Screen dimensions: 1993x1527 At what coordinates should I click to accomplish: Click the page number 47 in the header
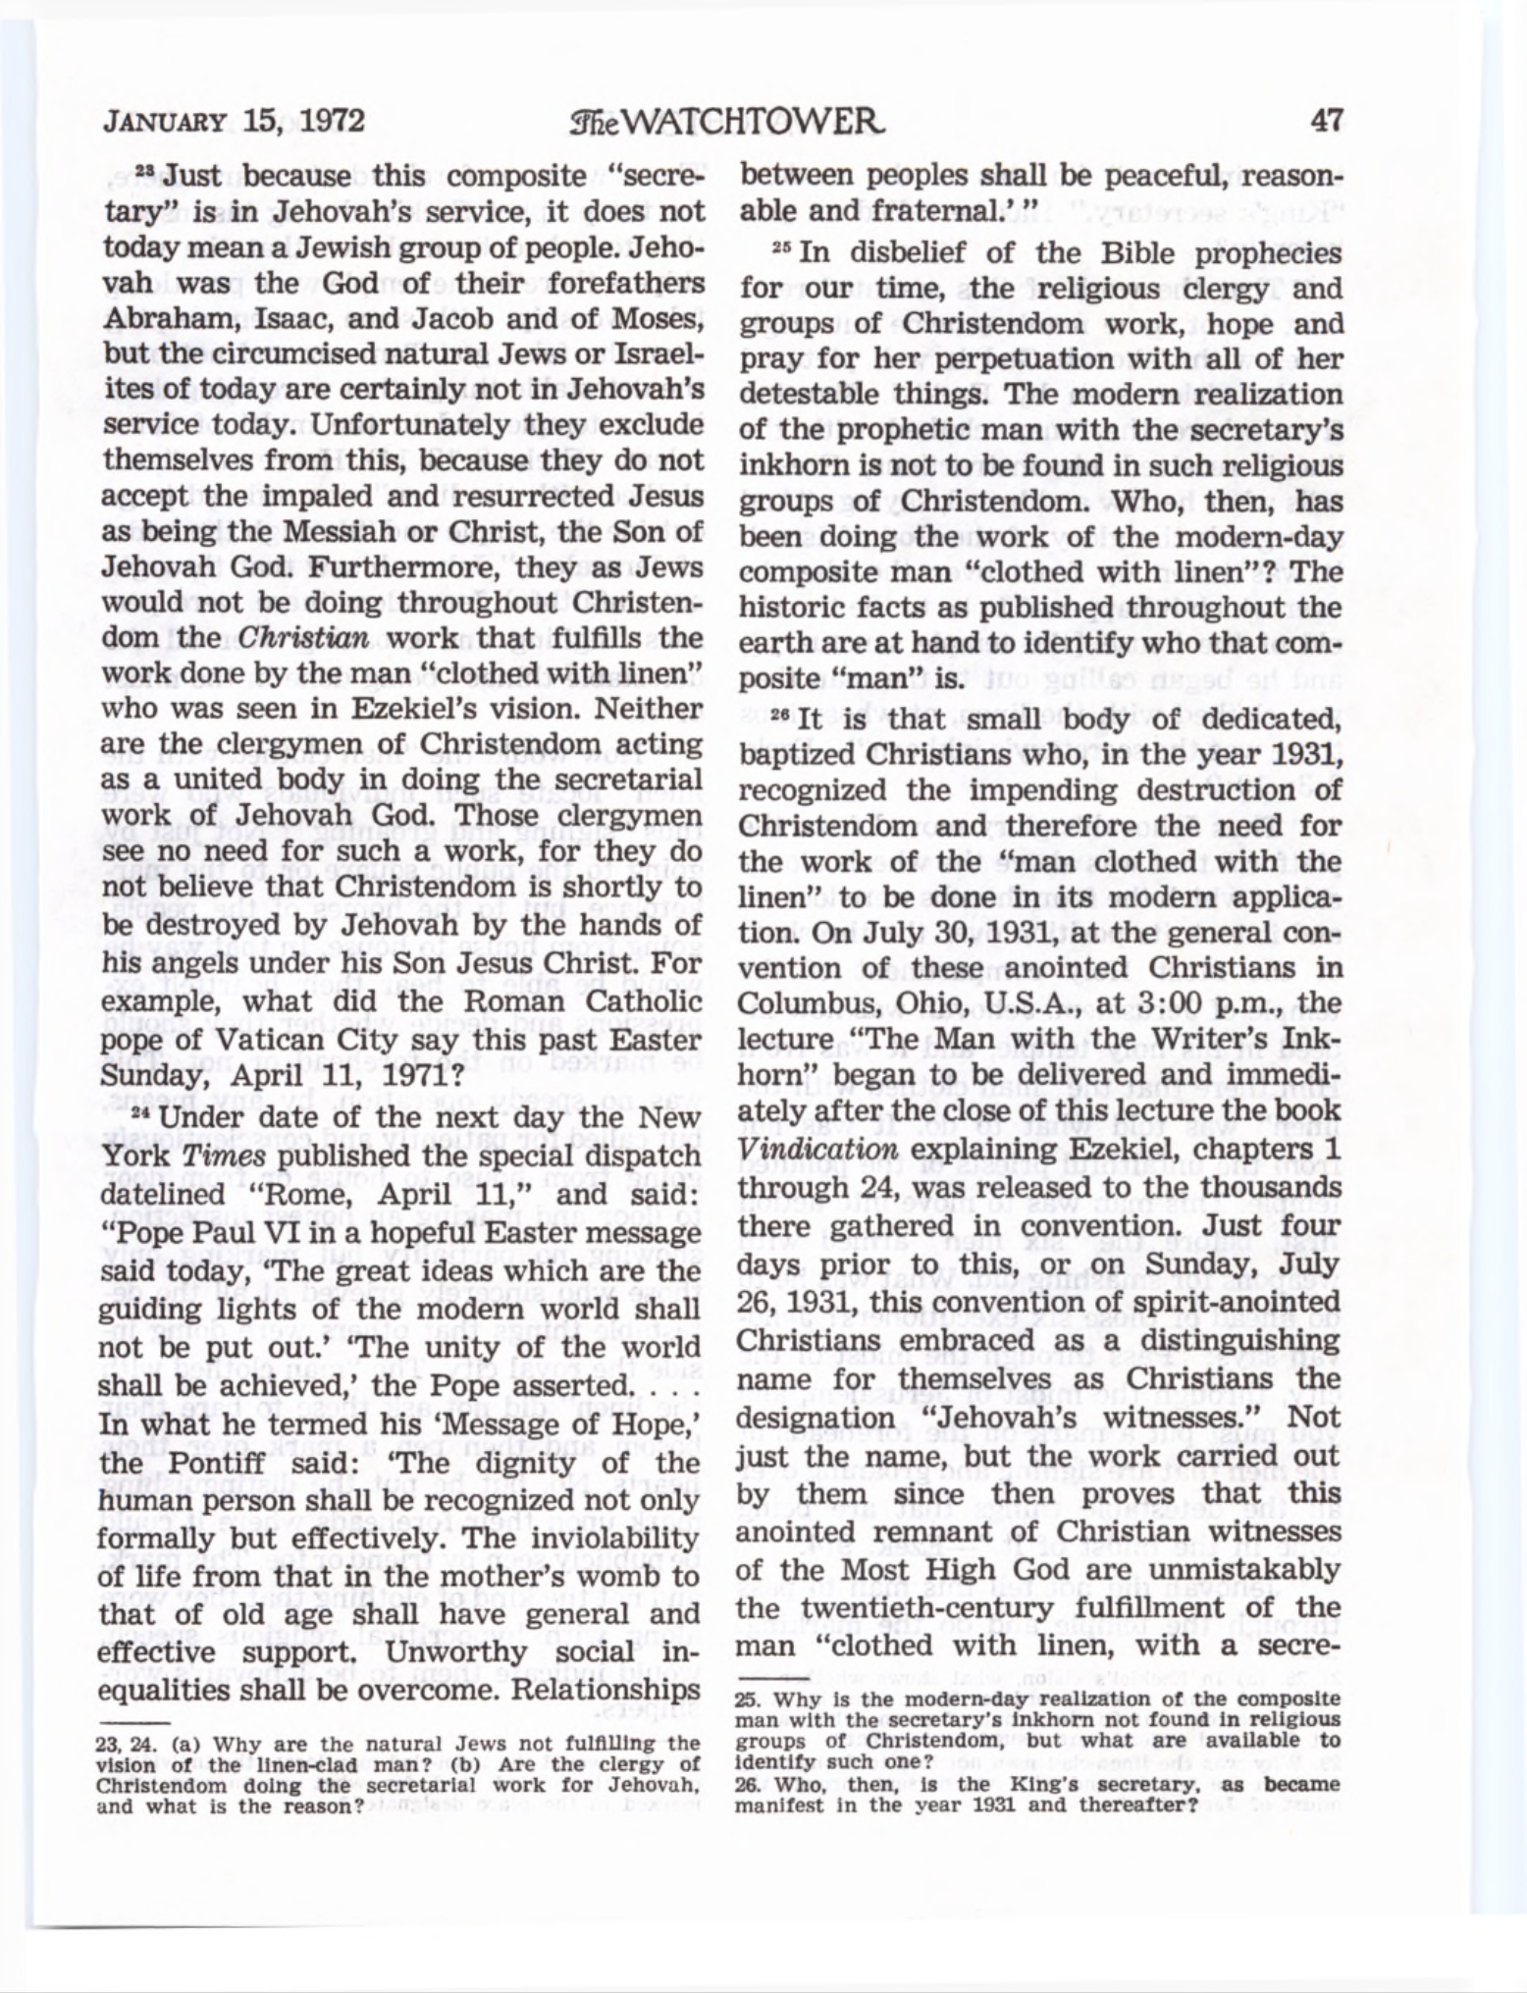point(1325,120)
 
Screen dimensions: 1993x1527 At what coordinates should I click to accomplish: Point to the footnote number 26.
point(749,1786)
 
